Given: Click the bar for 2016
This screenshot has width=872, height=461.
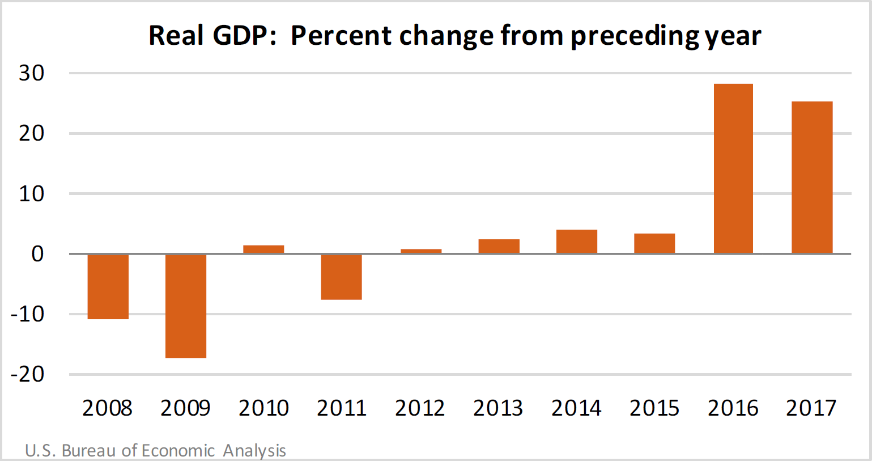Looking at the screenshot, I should click(733, 168).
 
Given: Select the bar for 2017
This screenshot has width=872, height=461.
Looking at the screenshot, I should click(811, 177).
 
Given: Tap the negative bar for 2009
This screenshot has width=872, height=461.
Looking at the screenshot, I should click(186, 306).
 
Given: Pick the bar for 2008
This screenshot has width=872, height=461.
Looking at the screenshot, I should click(108, 287).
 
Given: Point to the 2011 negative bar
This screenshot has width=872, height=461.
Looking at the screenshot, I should click(342, 277).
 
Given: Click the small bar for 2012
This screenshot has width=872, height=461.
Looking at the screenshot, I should click(420, 251).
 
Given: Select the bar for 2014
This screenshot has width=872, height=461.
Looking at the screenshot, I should click(577, 242).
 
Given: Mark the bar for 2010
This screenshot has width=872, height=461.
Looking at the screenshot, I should click(263, 249).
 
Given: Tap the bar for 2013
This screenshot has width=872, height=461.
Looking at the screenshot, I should click(499, 246).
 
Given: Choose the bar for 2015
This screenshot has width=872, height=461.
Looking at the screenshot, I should click(654, 243).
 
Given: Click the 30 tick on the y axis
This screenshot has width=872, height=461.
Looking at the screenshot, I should click(32, 73).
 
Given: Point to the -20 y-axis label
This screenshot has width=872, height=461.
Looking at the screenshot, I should click(27, 374).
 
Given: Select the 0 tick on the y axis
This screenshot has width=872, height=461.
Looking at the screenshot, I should click(37, 254).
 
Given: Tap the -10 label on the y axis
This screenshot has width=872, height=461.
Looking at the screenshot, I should click(27, 314).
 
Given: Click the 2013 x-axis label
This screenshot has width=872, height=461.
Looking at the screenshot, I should click(498, 408).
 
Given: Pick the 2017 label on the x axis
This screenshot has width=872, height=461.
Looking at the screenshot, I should click(811, 408).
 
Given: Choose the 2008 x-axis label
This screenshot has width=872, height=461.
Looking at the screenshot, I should click(107, 408).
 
